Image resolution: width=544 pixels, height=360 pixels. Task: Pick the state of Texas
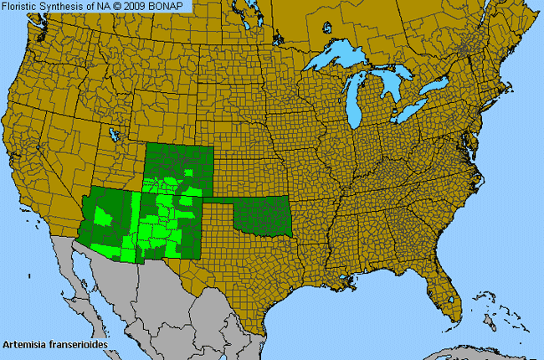(x=251, y=268)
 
